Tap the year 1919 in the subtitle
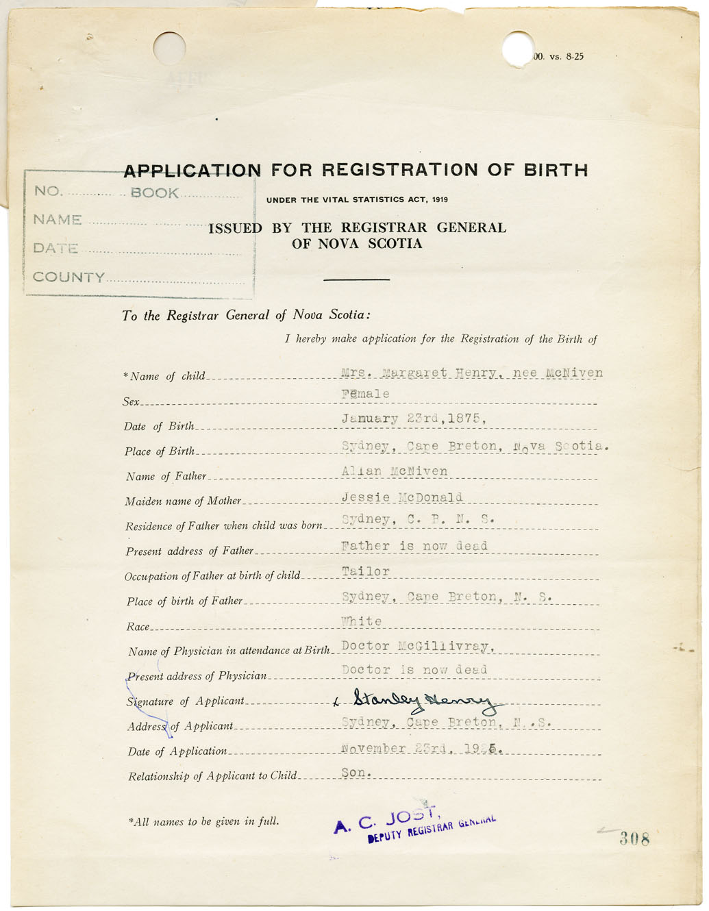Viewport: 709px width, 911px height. coord(439,200)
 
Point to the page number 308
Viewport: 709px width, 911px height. coord(634,838)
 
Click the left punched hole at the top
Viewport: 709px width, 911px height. coord(169,48)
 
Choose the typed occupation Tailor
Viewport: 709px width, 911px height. coord(366,571)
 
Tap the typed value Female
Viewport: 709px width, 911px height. coord(365,394)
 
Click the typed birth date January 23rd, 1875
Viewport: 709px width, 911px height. coord(414,419)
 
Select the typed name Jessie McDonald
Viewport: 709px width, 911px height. coord(402,497)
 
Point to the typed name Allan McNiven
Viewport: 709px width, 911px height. coord(395,471)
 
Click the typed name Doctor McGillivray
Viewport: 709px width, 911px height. coord(418,646)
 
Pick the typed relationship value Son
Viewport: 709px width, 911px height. coord(356,772)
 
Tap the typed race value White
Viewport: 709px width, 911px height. coord(362,621)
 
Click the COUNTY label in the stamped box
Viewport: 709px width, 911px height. coord(69,277)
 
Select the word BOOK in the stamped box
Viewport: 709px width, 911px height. coord(155,193)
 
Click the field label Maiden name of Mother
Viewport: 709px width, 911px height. coord(183,501)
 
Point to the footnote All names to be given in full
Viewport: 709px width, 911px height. coord(203,821)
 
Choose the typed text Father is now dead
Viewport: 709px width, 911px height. coord(414,546)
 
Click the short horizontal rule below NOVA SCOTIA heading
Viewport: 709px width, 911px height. coord(356,279)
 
